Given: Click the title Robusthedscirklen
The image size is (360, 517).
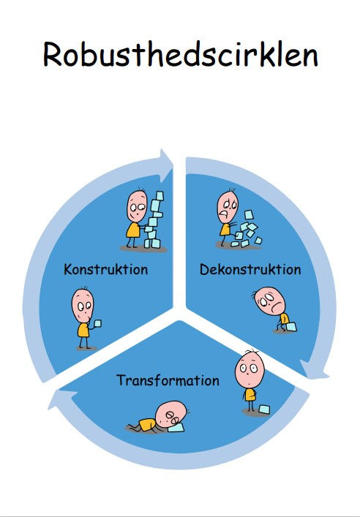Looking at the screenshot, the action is coord(180,54).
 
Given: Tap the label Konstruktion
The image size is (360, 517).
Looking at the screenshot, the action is coord(106,269).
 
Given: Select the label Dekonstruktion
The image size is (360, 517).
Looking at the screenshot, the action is coord(250,269).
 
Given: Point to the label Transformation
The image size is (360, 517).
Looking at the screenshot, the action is coord(168,380).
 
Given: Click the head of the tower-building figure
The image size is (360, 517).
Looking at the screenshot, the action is coord(137,206).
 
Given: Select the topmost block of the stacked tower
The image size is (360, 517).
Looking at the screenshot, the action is coord(160,196).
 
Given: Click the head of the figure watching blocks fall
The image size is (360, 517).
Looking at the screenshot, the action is coord(228,207).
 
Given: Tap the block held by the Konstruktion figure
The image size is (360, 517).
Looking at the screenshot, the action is coord(97,323).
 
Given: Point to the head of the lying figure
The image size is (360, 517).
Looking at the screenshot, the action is coord(171,414).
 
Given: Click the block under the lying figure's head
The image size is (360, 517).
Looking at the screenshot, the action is coord(176,427).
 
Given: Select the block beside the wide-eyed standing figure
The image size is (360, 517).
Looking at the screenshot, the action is coord(264,410).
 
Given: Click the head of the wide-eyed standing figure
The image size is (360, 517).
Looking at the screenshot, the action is coord(250,370).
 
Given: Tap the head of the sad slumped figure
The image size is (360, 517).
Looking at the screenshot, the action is coord(270,301).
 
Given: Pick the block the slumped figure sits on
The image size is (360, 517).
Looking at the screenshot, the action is coord(291,327).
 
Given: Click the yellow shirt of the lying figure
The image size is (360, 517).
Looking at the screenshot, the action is coord(147,424).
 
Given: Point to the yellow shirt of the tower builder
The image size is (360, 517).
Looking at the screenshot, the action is coord(134,230).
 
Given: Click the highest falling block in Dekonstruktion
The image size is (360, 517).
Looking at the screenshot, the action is coord(249,215).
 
